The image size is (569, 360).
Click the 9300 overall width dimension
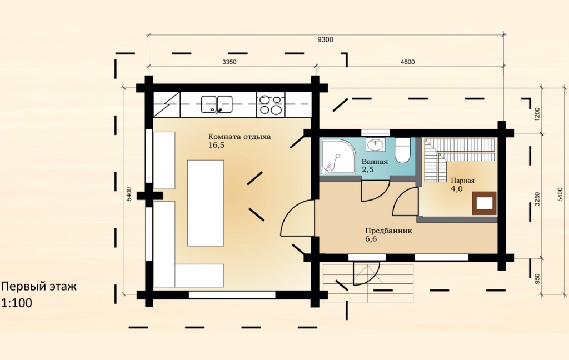coord(325,40)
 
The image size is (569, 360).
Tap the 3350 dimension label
coord(229,62)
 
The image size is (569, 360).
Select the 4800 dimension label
coord(407,62)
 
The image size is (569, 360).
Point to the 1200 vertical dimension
coord(537,114)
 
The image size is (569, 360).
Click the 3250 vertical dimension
coord(537,199)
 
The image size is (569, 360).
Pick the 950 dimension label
coord(537,278)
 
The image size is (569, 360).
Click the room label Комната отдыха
coord(239,137)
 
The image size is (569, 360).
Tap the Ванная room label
coord(375,162)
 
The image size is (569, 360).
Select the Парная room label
coord(462,181)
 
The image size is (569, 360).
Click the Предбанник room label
coord(388,231)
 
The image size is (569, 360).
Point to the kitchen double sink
coord(217,104)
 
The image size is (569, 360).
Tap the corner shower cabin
coord(338,157)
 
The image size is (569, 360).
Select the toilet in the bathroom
coord(402,150)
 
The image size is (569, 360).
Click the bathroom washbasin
coord(376,145)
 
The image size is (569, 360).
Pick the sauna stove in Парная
coord(484,203)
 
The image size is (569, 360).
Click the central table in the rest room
coord(206,203)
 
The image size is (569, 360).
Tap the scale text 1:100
coord(17,303)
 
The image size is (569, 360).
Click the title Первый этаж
coord(39,286)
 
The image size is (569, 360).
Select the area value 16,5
coord(217,146)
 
